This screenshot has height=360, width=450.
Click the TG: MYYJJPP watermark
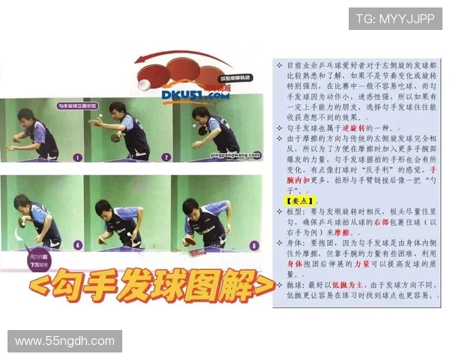pyautogui.click(x=395, y=19)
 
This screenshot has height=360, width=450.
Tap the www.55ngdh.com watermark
pyautogui.click(x=65, y=341)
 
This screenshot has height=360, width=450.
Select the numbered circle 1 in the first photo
pyautogui.click(x=76, y=157)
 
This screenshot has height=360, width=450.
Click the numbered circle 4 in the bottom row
pyautogui.click(x=77, y=244)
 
